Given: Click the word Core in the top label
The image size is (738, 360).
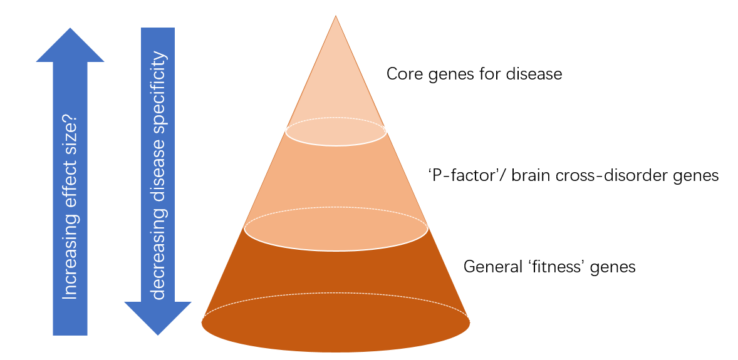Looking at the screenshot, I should pos(402,75).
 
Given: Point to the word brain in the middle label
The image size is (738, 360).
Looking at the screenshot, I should pos(529,176).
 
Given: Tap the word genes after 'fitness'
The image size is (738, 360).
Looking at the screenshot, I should pos(615,267).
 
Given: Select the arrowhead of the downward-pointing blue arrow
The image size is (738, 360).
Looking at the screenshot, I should pos(158,317).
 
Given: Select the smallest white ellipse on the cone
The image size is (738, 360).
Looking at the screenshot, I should pos(336,131).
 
